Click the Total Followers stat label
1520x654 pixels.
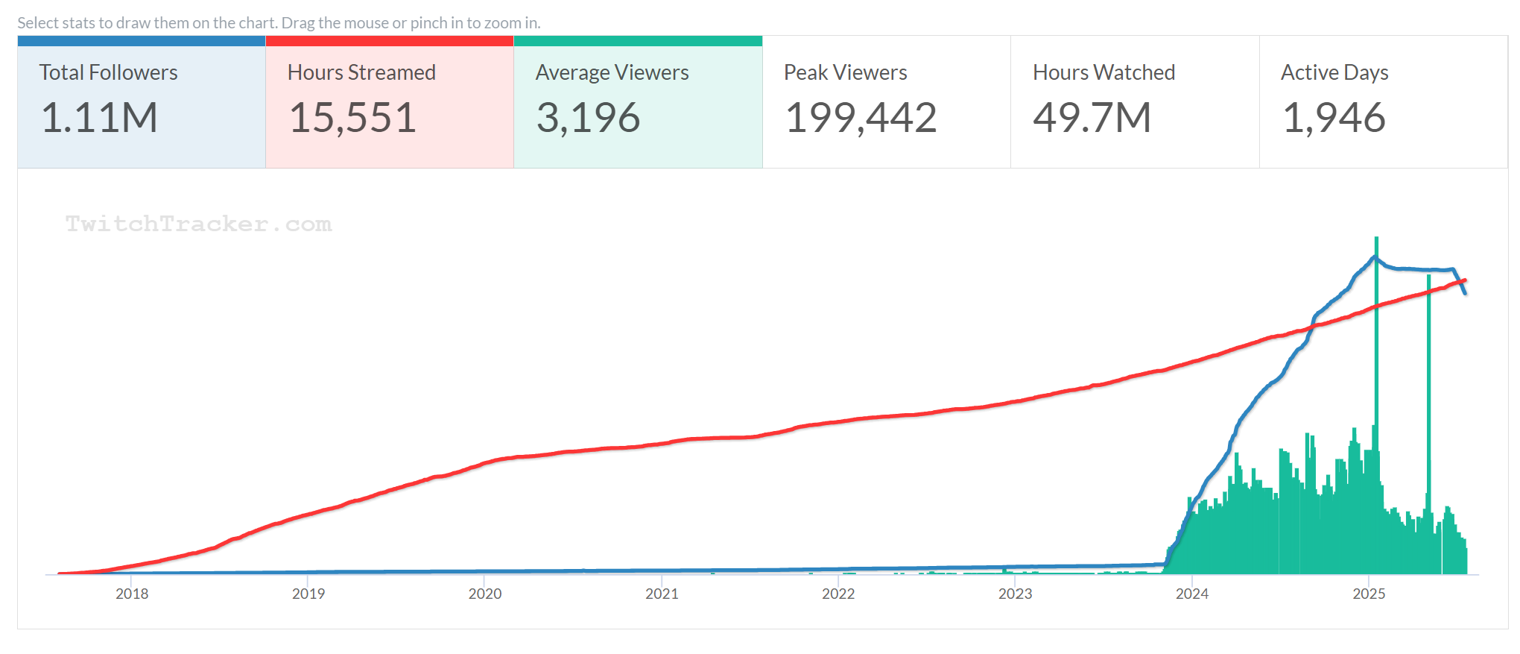(x=108, y=72)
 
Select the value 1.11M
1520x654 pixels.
(x=99, y=118)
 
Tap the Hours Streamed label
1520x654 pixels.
(x=361, y=72)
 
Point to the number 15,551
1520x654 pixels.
(x=352, y=118)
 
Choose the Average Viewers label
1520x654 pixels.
(x=612, y=72)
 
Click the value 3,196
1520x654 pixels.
(x=588, y=118)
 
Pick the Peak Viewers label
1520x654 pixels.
(x=845, y=72)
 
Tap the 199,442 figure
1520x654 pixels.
(x=861, y=118)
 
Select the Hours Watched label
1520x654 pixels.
(x=1103, y=72)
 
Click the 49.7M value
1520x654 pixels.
(x=1092, y=118)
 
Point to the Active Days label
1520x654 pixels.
(x=1334, y=72)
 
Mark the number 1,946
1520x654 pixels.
(x=1334, y=118)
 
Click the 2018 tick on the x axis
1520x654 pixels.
(x=132, y=594)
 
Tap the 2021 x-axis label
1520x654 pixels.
(x=662, y=594)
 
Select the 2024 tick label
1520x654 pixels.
(x=1191, y=594)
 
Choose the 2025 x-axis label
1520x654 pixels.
(x=1369, y=594)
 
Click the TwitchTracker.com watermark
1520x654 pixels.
(x=198, y=224)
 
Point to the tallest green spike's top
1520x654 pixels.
(x=1376, y=239)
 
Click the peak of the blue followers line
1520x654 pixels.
(x=1375, y=257)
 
